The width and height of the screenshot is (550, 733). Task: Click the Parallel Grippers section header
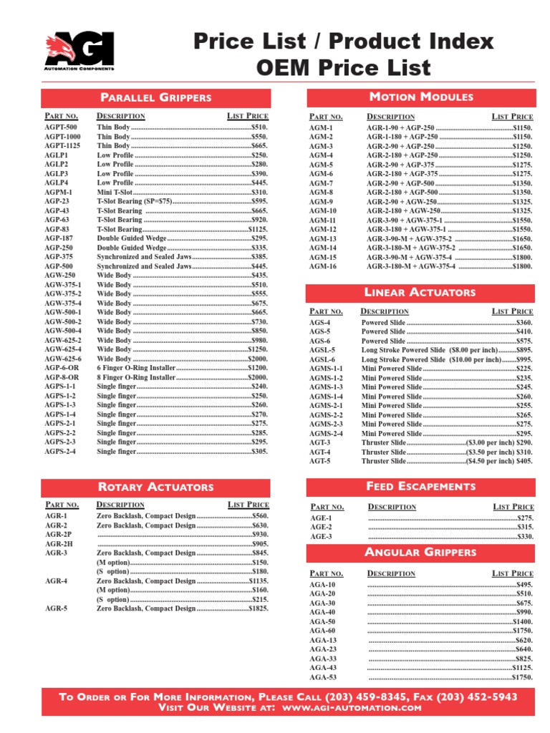pos(155,97)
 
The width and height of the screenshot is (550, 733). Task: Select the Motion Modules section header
pos(421,97)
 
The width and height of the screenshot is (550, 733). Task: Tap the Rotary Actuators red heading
pos(155,487)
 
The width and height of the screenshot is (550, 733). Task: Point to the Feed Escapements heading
pos(421,486)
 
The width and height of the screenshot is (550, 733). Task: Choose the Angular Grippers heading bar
pos(421,552)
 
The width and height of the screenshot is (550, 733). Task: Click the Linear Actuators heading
pos(421,292)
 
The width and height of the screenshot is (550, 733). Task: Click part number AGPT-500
pos(62,127)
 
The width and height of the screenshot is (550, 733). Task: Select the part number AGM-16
pos(322,266)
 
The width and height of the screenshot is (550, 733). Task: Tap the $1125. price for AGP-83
pos(258,229)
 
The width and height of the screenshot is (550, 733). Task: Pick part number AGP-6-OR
pos(62,368)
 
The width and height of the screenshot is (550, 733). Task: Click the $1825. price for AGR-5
pos(258,608)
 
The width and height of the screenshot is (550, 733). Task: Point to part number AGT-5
pos(320,462)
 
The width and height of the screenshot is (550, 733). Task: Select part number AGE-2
pos(320,527)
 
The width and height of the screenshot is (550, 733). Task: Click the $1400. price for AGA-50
pos(522,622)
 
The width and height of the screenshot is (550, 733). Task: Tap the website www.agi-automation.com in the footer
pos(352,707)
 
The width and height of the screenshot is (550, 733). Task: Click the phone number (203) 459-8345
pos(367,696)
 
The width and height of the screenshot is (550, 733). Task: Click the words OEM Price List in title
pos(344,69)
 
